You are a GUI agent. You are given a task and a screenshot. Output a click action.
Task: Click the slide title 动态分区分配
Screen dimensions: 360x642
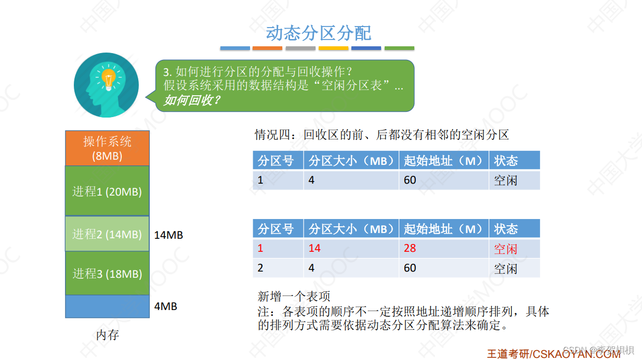[318, 33]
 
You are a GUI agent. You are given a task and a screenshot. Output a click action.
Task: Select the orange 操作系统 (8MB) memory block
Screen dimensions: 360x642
[107, 148]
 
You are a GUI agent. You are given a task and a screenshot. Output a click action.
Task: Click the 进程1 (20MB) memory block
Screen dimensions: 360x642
[107, 191]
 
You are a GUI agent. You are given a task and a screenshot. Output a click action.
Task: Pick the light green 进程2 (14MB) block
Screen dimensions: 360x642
[107, 234]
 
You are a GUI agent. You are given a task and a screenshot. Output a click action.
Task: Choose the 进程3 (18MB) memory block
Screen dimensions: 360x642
[107, 273]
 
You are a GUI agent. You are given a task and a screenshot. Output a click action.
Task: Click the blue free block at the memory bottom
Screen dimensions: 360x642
[107, 306]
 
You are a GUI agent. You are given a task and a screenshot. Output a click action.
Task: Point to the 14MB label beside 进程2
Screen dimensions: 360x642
[168, 235]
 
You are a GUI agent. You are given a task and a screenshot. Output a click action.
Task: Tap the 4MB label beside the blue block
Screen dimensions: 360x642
[166, 306]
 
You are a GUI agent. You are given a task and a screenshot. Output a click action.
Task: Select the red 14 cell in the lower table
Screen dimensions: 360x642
[315, 248]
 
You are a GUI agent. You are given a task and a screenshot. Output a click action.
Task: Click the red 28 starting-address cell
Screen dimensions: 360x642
[410, 248]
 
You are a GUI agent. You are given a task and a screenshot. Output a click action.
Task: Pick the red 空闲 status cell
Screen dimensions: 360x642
[506, 249]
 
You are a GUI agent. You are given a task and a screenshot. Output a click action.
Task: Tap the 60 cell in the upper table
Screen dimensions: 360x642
[410, 180]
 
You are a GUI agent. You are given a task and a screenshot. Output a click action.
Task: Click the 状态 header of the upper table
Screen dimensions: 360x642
[506, 161]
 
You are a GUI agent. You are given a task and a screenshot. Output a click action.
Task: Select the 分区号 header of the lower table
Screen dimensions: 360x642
[276, 229]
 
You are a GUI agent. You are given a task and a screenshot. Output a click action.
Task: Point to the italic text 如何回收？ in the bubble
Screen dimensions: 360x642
[192, 100]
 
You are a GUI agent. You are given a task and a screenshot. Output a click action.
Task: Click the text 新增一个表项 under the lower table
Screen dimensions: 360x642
[294, 297]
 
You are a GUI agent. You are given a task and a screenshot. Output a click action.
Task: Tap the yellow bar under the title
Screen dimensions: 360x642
[333, 48]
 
